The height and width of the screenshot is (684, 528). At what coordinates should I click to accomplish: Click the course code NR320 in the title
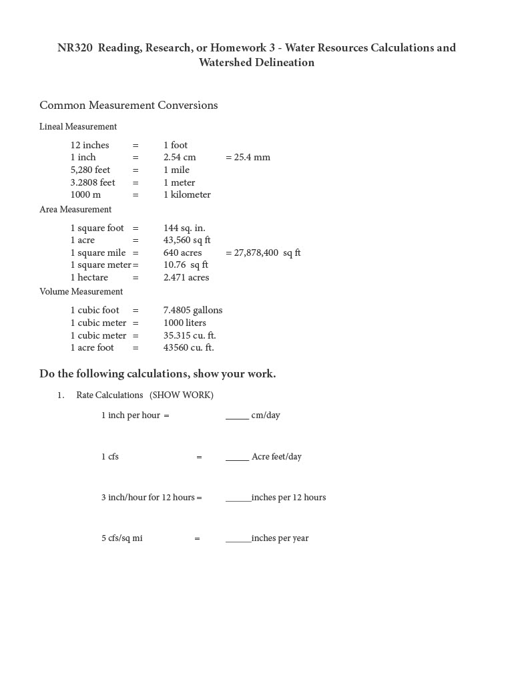click(75, 48)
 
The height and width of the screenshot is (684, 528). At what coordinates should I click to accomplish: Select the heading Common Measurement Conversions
click(128, 106)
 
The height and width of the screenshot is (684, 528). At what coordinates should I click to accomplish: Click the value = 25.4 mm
click(248, 158)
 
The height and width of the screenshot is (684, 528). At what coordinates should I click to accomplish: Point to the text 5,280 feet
click(90, 170)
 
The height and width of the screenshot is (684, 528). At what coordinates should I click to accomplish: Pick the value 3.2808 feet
click(93, 182)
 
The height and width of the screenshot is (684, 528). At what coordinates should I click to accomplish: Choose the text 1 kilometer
click(187, 195)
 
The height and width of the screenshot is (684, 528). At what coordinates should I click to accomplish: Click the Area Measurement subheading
click(75, 210)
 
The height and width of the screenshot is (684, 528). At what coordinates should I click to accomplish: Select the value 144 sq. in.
click(184, 228)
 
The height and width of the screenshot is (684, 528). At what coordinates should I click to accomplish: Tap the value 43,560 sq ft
click(187, 240)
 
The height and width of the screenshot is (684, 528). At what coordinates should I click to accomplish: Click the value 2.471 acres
click(186, 278)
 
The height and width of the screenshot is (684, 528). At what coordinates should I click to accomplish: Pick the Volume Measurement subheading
click(81, 292)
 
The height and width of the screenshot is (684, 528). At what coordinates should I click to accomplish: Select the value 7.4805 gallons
click(193, 311)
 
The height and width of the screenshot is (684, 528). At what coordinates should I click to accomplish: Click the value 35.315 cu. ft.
click(190, 335)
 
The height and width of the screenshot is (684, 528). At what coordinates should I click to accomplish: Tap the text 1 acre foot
click(92, 348)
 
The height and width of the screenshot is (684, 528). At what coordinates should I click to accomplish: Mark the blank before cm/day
click(237, 415)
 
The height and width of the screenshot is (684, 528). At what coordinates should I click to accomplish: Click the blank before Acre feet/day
click(237, 457)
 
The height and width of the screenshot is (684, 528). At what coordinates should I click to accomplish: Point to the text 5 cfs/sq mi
click(121, 538)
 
